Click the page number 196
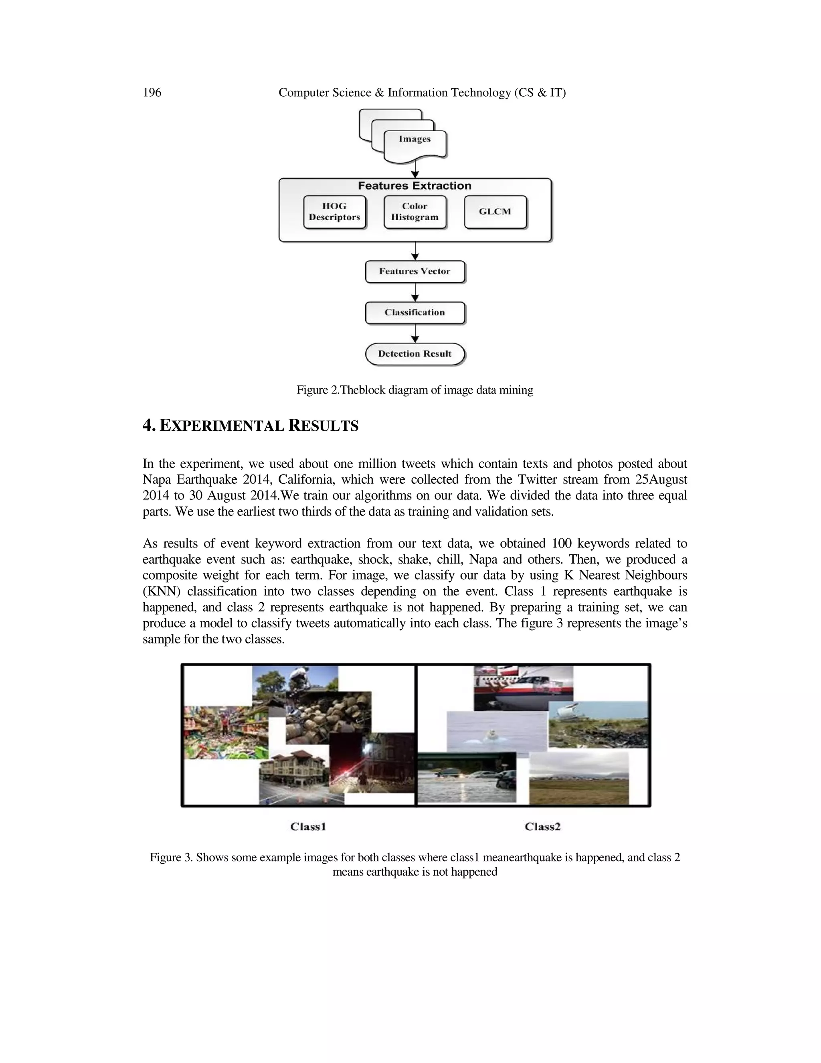point(152,93)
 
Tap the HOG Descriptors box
point(335,212)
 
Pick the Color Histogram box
point(415,212)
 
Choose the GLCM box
point(495,212)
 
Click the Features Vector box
point(415,272)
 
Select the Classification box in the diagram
point(415,312)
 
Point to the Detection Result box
point(415,354)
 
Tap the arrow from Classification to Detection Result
point(415,334)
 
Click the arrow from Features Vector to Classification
point(415,292)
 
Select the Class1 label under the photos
point(308,826)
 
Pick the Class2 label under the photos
point(543,826)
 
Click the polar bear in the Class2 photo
point(490,735)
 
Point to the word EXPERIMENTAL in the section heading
point(222,426)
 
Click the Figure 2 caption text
point(415,390)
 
